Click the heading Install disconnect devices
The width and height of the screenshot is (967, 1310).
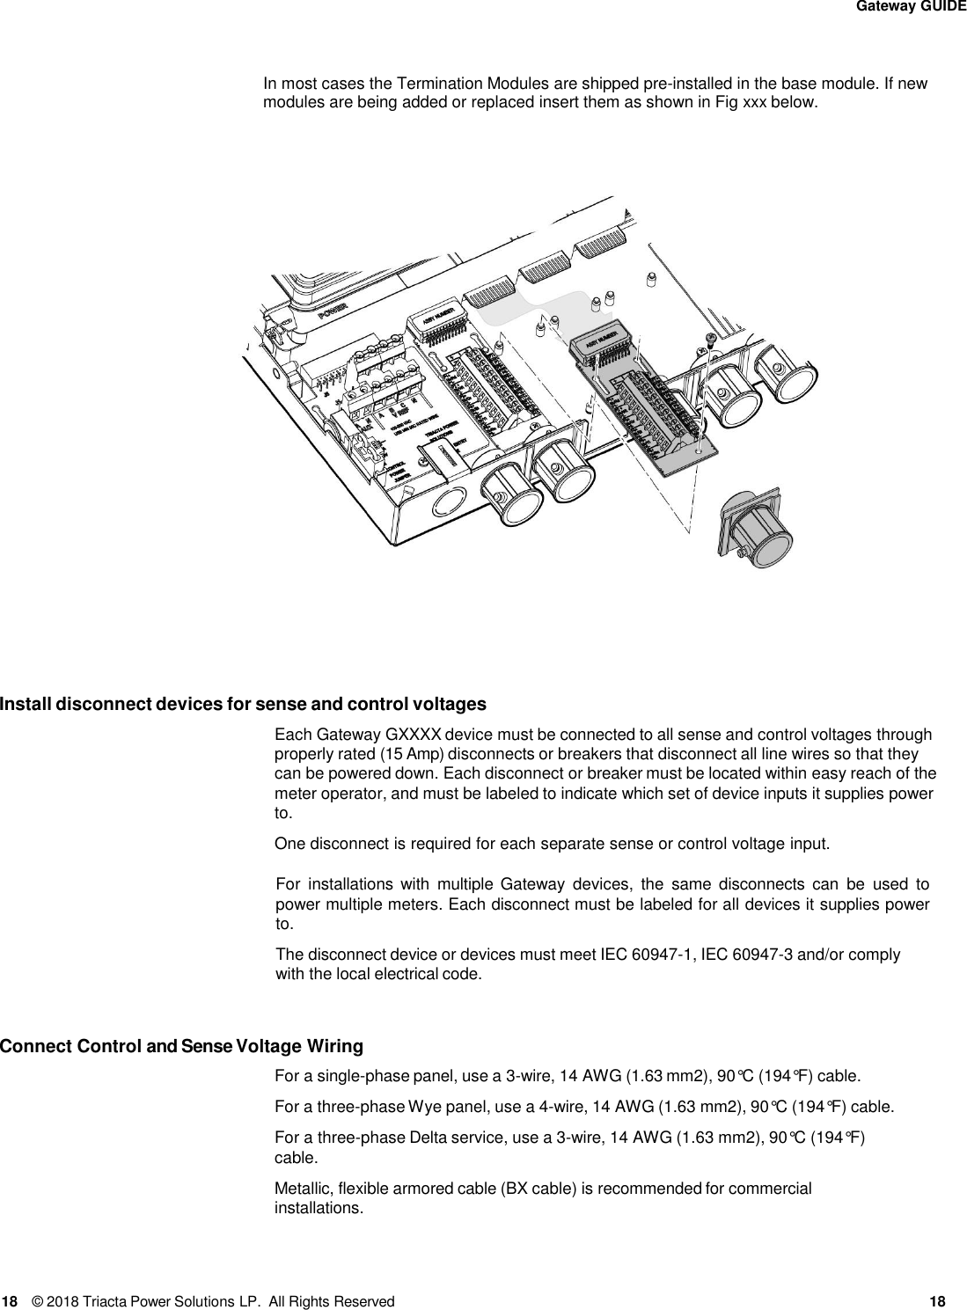pyautogui.click(x=243, y=705)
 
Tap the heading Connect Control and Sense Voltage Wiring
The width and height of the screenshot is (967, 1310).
pyautogui.click(x=181, y=1047)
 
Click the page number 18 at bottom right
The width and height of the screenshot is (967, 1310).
pyautogui.click(x=937, y=1300)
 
